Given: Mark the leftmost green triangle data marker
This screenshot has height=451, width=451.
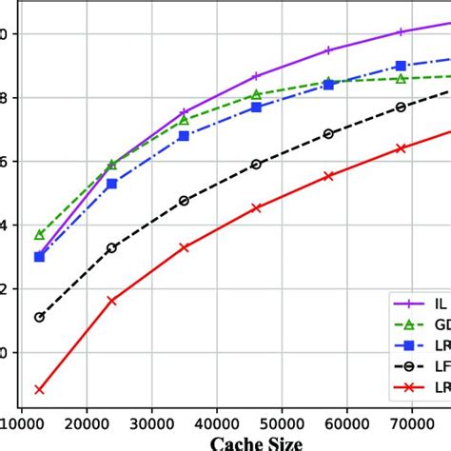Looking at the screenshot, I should pyautogui.click(x=39, y=234).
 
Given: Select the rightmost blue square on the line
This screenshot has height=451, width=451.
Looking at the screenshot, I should pyautogui.click(x=401, y=66).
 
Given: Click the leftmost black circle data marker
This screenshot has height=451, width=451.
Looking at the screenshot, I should pyautogui.click(x=39, y=317).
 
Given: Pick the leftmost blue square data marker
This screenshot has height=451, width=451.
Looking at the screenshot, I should pyautogui.click(x=39, y=257).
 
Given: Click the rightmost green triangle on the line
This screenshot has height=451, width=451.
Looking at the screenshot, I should pyautogui.click(x=401, y=79).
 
